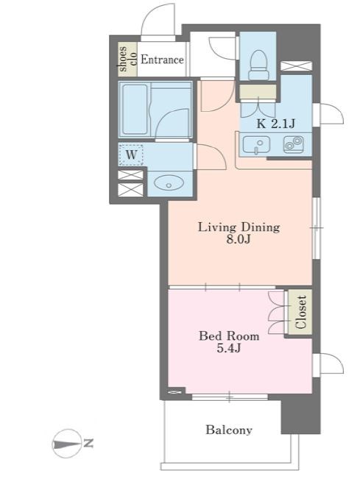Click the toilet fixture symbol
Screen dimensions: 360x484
click(x=258, y=65)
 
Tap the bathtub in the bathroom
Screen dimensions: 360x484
click(x=135, y=110)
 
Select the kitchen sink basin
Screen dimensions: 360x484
click(x=256, y=144)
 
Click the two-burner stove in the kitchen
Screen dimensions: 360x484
click(x=293, y=144)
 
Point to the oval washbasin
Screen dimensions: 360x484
click(x=169, y=183)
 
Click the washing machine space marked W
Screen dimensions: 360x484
click(x=131, y=154)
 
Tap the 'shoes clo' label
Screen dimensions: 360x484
click(x=127, y=59)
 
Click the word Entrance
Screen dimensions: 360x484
click(x=162, y=60)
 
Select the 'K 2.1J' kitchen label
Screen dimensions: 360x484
click(x=276, y=124)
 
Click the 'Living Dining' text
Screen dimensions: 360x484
click(x=239, y=227)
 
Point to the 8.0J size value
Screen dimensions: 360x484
click(x=238, y=240)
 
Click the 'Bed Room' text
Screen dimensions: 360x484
click(x=229, y=336)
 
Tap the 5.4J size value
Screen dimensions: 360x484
click(x=228, y=348)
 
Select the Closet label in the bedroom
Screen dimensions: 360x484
click(x=300, y=312)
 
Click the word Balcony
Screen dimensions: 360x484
click(x=229, y=430)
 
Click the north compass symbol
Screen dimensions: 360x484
click(x=66, y=444)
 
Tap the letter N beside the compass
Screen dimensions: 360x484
click(x=88, y=444)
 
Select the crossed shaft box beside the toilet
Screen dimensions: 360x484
click(x=296, y=66)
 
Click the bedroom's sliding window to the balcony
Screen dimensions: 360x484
click(x=229, y=396)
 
